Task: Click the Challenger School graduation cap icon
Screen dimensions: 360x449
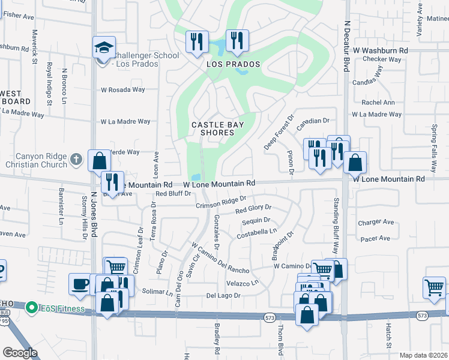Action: click(x=103, y=47)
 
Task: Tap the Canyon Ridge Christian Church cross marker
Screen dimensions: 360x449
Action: click(x=75, y=159)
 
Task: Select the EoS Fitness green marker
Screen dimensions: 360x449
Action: click(x=32, y=307)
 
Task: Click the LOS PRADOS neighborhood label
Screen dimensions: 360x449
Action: click(x=234, y=64)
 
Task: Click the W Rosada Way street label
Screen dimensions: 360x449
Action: click(x=123, y=89)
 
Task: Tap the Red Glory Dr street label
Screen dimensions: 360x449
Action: click(x=253, y=209)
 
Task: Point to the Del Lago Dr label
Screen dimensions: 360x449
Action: click(x=223, y=295)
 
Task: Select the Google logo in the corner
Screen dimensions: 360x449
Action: click(x=20, y=353)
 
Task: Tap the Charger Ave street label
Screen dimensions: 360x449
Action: click(x=376, y=222)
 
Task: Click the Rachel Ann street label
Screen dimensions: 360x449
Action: click(x=378, y=102)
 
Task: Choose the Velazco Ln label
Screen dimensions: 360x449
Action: click(x=243, y=282)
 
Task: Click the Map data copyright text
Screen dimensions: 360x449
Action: click(x=423, y=355)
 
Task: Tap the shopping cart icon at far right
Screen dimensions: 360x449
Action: click(x=434, y=287)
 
